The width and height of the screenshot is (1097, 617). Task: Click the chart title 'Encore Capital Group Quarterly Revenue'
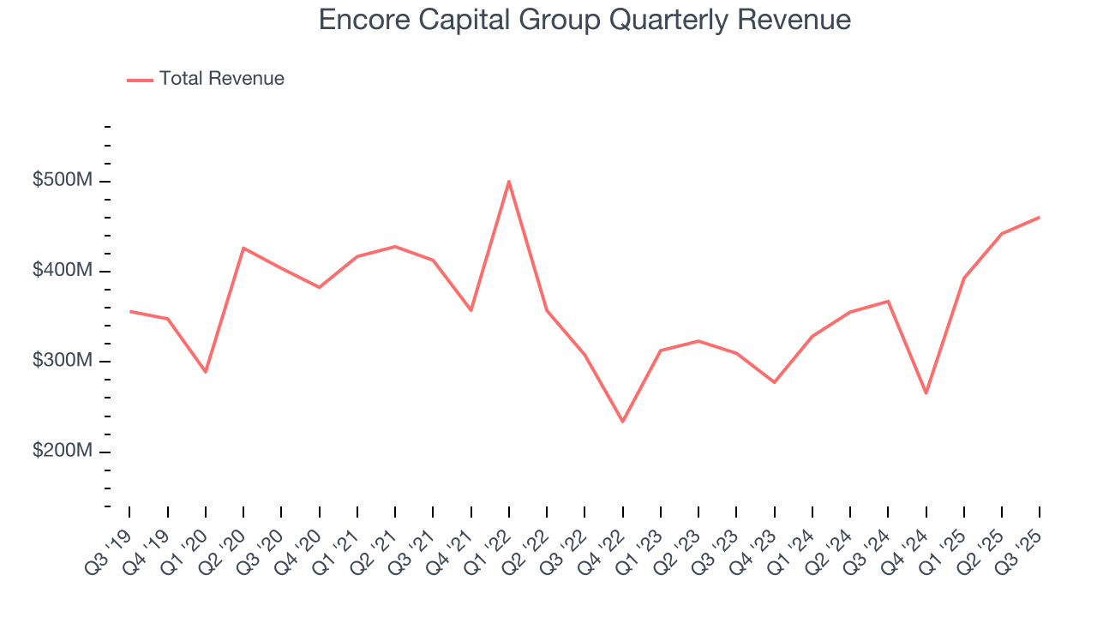[x=584, y=20]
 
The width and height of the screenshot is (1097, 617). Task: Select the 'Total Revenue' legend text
[x=221, y=79]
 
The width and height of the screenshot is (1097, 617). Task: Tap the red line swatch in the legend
[x=140, y=80]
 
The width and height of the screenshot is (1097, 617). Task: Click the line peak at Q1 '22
[x=509, y=181]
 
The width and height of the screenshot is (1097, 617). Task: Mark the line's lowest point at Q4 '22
[x=622, y=422]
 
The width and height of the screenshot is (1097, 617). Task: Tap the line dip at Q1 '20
[x=206, y=372]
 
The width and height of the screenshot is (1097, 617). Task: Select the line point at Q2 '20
[x=243, y=249]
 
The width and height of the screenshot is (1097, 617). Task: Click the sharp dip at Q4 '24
[x=926, y=393]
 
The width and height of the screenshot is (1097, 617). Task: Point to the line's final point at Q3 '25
[x=1039, y=217]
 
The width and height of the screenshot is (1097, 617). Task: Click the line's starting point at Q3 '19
[x=130, y=311]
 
